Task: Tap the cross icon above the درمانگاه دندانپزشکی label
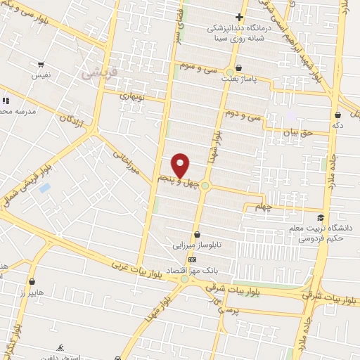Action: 239,17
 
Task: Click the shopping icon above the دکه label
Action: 338,115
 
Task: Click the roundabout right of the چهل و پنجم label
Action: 205,186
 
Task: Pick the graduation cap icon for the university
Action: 321,218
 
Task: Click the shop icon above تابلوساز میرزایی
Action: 196,235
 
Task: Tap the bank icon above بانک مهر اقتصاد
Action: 193,259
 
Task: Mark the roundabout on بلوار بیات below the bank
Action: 185,279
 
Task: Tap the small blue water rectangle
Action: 45,188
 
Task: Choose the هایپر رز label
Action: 32,292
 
